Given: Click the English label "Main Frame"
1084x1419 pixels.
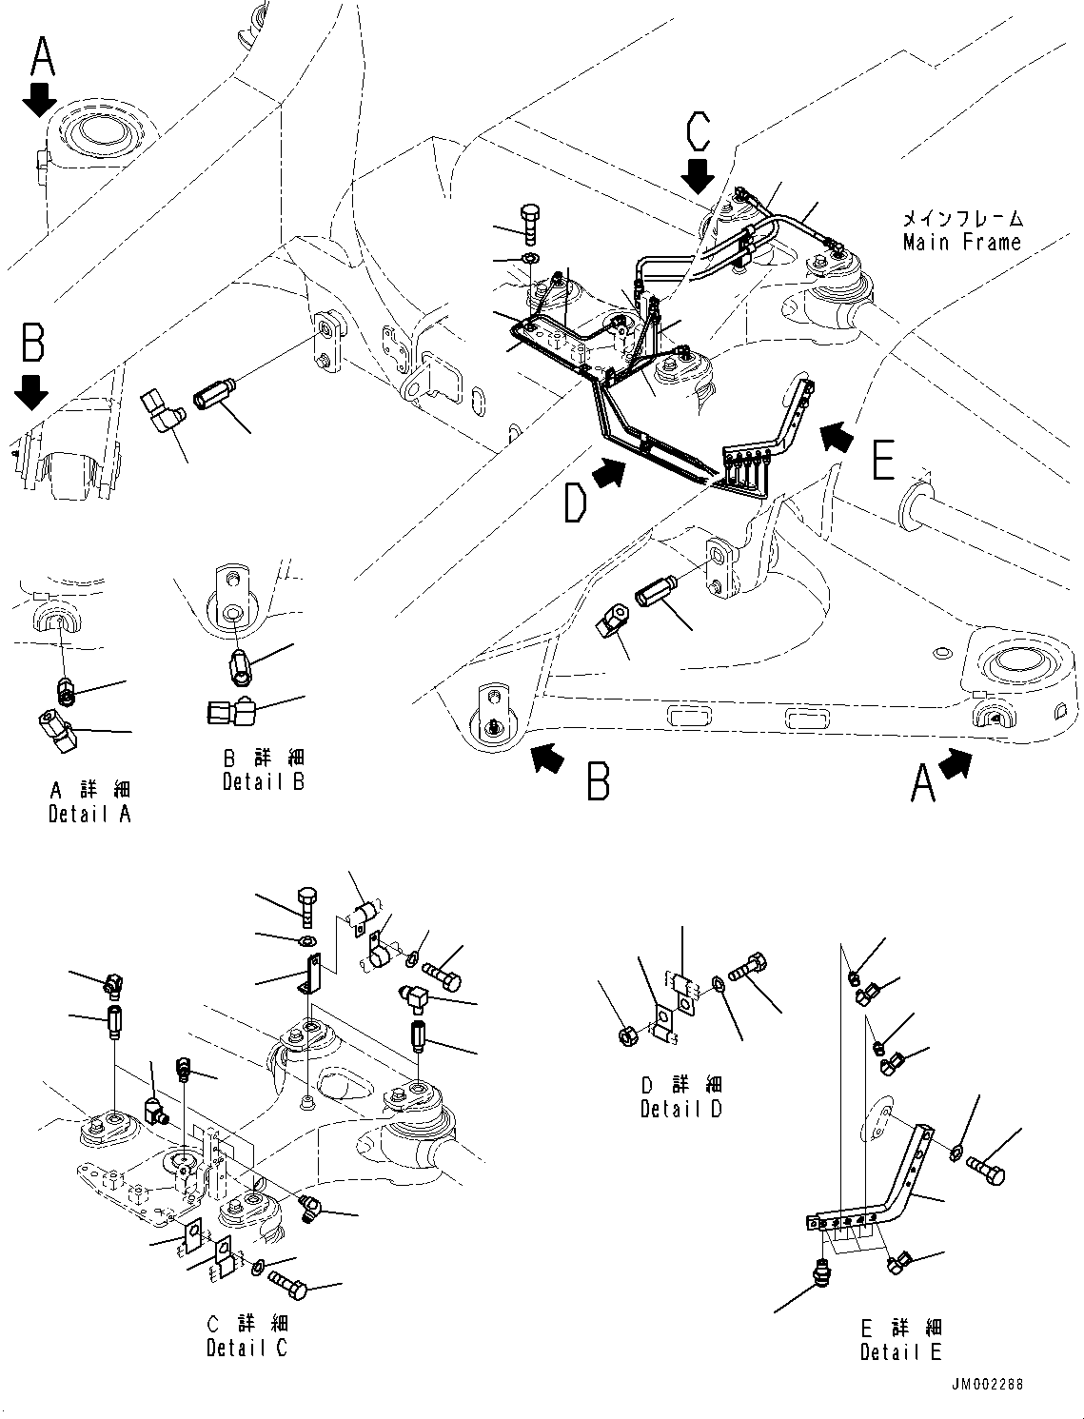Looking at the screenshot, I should (961, 243).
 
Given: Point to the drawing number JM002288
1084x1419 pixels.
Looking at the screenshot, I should (987, 1385).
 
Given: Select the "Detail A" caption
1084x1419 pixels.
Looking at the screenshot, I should (89, 815).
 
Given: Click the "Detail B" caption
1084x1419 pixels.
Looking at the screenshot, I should (264, 782).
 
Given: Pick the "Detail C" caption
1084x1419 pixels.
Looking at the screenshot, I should (246, 1348).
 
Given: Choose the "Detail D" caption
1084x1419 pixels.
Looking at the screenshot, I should (681, 1109).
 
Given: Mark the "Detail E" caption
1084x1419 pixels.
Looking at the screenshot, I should (901, 1351).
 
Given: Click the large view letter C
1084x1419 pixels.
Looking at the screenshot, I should (698, 132).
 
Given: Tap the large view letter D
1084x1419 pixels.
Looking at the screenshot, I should (575, 503).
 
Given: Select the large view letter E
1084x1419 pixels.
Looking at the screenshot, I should (882, 463).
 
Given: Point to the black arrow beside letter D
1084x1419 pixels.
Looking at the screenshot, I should (610, 473).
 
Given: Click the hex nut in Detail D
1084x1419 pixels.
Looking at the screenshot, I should (628, 1034).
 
